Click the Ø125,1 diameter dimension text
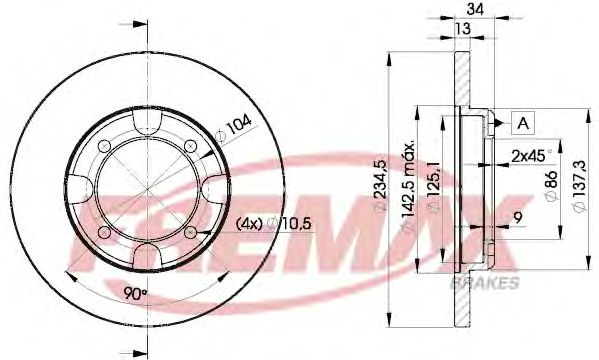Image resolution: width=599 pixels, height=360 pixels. (x=431, y=185)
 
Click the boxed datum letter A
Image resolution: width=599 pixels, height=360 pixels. (x=521, y=124)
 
